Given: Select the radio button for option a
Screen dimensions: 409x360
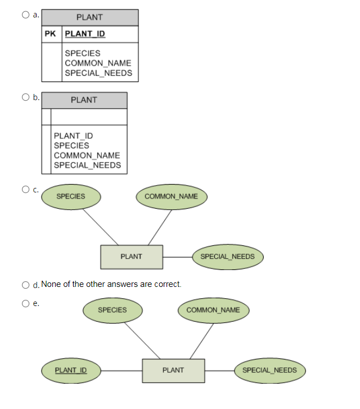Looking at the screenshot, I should (x=26, y=15).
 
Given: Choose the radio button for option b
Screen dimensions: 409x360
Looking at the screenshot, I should (x=26, y=97).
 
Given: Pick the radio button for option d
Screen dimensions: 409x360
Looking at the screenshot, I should (x=26, y=285).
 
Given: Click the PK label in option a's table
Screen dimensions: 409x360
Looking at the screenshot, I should (x=51, y=34).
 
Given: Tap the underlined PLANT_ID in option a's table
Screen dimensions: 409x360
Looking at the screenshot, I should (x=85, y=34).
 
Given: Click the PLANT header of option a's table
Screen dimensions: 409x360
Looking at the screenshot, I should (x=89, y=17).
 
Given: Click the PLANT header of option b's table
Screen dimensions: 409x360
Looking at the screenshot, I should (x=84, y=100).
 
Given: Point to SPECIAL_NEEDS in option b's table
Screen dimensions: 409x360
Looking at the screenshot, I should (x=87, y=165).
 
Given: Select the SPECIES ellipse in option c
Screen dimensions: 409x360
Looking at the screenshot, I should (x=71, y=196).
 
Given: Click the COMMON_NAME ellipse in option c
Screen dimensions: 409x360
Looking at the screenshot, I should (x=171, y=196).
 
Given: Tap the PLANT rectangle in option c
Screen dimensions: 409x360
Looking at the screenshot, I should (x=131, y=257).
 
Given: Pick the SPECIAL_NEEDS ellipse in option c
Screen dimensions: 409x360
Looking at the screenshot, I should (x=227, y=257).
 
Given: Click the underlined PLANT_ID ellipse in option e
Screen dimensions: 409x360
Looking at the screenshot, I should (x=70, y=370).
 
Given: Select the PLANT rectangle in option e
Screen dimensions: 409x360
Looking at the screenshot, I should (x=173, y=370).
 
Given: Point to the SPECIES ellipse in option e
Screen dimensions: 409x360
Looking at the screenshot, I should (x=112, y=310).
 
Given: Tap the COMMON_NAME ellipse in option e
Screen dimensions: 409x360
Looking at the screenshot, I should (x=213, y=310).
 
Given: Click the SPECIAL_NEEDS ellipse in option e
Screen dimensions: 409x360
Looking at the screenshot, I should (x=269, y=370).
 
